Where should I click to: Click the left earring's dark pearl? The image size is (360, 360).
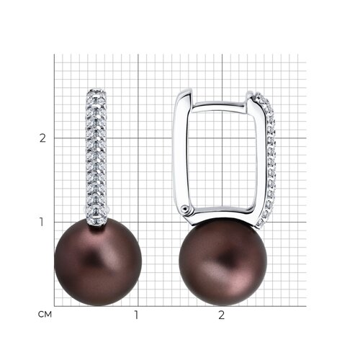pos(98,262)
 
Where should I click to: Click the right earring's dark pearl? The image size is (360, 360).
pos(223,261)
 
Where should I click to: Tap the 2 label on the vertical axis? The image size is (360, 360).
pos(42,138)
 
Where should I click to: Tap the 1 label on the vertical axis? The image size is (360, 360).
pos(42,222)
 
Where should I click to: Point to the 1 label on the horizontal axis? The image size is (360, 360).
pos(137,315)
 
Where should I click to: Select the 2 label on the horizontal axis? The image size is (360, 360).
pos(222,315)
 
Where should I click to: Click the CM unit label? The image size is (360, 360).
pos(45,315)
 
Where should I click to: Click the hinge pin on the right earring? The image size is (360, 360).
pos(185,209)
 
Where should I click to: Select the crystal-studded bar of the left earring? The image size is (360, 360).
pos(96,157)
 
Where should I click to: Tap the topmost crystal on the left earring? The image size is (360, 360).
pos(96,92)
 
